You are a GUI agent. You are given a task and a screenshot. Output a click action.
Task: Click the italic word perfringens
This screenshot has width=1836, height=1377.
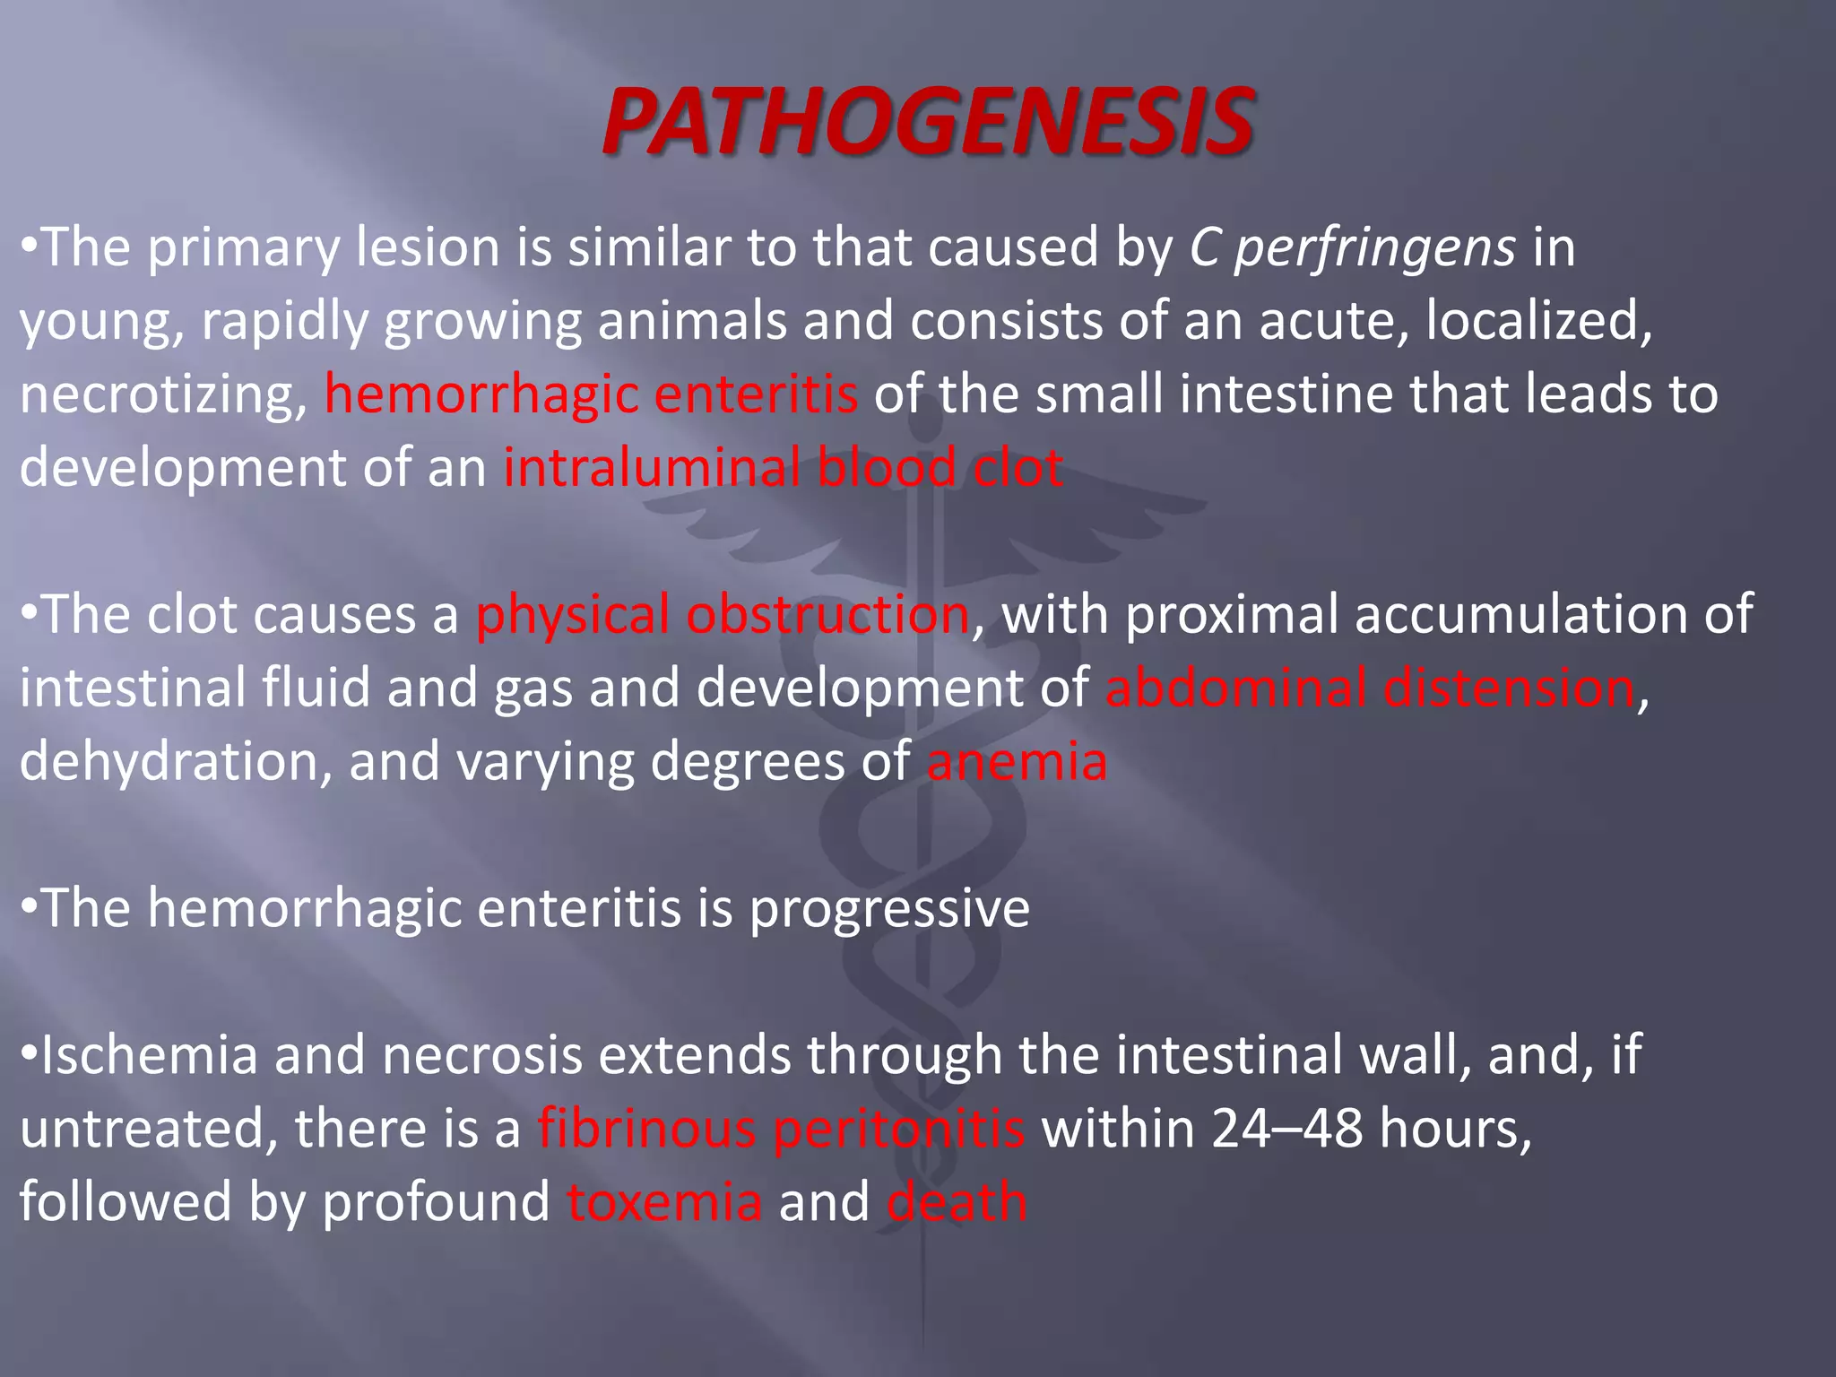[1375, 247]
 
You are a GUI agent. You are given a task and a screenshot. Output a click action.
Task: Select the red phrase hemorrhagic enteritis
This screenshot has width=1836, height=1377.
[591, 394]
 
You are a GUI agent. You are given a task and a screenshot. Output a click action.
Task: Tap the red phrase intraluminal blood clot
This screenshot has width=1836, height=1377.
[783, 468]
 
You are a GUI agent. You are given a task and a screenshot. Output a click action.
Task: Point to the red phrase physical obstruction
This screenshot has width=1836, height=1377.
[722, 615]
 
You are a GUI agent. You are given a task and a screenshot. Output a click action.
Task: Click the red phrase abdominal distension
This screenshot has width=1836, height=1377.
[1370, 688]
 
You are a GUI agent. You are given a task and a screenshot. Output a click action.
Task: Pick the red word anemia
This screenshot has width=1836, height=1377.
[1017, 762]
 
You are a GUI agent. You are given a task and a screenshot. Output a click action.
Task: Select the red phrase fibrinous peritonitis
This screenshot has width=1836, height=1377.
[781, 1129]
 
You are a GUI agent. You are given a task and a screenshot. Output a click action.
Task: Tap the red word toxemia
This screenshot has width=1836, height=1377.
[664, 1202]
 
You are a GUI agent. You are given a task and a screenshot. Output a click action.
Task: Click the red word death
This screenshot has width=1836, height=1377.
[957, 1202]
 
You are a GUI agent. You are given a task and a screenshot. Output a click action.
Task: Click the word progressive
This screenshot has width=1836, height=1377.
[889, 909]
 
